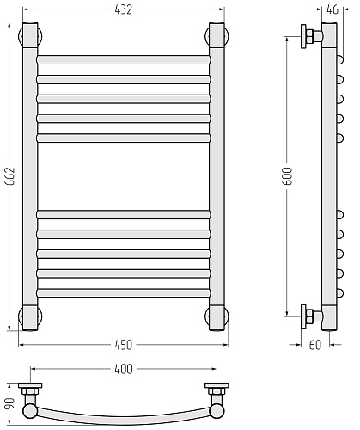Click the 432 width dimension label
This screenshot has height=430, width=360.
click(124, 9)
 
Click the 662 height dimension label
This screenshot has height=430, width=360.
click(10, 175)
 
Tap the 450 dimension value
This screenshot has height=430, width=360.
click(124, 345)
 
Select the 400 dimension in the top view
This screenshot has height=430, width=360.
click(124, 369)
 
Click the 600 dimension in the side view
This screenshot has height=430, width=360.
click(287, 175)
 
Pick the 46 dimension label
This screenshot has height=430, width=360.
click(333, 9)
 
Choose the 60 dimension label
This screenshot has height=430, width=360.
click(315, 345)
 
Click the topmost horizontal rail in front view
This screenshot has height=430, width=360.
click(124, 59)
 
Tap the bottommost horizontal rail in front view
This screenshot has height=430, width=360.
click(124, 293)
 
